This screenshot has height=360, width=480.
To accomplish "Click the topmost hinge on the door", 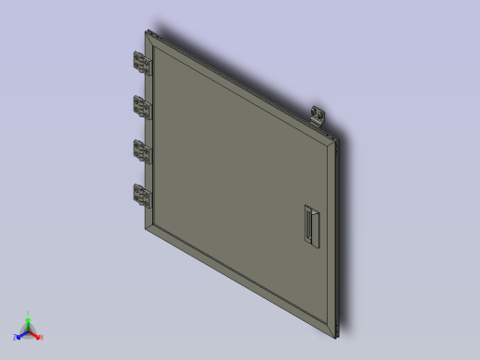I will (x=143, y=64).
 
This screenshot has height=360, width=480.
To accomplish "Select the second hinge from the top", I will (x=142, y=107).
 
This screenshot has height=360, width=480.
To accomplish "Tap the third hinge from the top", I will (x=143, y=151).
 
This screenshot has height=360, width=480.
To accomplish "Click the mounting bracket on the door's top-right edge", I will (x=320, y=115).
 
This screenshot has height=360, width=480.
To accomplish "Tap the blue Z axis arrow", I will (x=20, y=336).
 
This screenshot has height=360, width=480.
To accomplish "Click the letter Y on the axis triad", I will (x=29, y=315).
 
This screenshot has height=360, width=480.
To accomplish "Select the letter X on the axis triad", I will (x=41, y=337).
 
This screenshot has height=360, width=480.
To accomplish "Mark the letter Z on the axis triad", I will (x=16, y=338).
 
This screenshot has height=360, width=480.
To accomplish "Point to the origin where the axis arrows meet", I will (x=28, y=332).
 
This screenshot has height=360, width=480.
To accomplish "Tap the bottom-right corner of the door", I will (x=338, y=333).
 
